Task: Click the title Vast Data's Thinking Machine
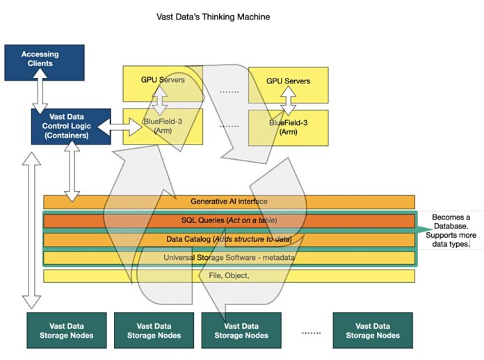(213, 15)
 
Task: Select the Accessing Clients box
(44, 58)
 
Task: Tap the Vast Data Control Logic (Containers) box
(70, 126)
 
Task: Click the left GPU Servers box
(163, 81)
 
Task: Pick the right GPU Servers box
(288, 82)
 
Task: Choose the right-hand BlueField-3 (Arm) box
(288, 126)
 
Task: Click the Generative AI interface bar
(229, 202)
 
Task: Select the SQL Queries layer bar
(229, 220)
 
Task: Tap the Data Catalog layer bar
(229, 239)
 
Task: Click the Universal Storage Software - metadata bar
(229, 258)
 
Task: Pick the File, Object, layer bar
(229, 276)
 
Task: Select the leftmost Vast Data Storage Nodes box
(66, 330)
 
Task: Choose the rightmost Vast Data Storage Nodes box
(372, 330)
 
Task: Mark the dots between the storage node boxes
(311, 332)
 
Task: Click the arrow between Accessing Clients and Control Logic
(43, 92)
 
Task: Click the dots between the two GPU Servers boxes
(229, 90)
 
